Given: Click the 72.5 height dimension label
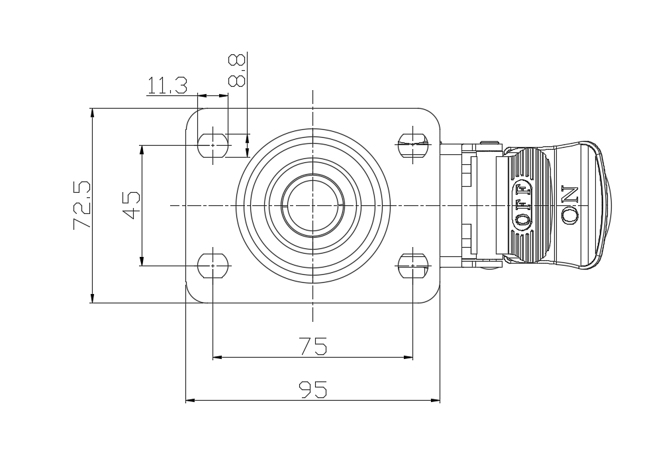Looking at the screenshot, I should coord(81,205).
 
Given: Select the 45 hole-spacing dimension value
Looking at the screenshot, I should coord(131,205).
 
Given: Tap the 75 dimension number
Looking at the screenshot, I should coord(312,346).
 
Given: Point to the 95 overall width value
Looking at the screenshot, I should coord(312,389).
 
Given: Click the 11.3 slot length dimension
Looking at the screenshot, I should coord(167,85).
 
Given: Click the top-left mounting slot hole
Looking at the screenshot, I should coord(213,141).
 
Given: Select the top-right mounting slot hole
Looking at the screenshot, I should coord(412,141).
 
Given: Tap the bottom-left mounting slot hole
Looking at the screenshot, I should coord(213,266).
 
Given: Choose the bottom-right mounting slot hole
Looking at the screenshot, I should coord(412,266).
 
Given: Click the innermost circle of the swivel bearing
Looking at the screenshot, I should coord(312,205).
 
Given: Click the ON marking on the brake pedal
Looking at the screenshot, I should coord(570,205).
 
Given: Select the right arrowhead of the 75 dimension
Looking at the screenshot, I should coord(408,357).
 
